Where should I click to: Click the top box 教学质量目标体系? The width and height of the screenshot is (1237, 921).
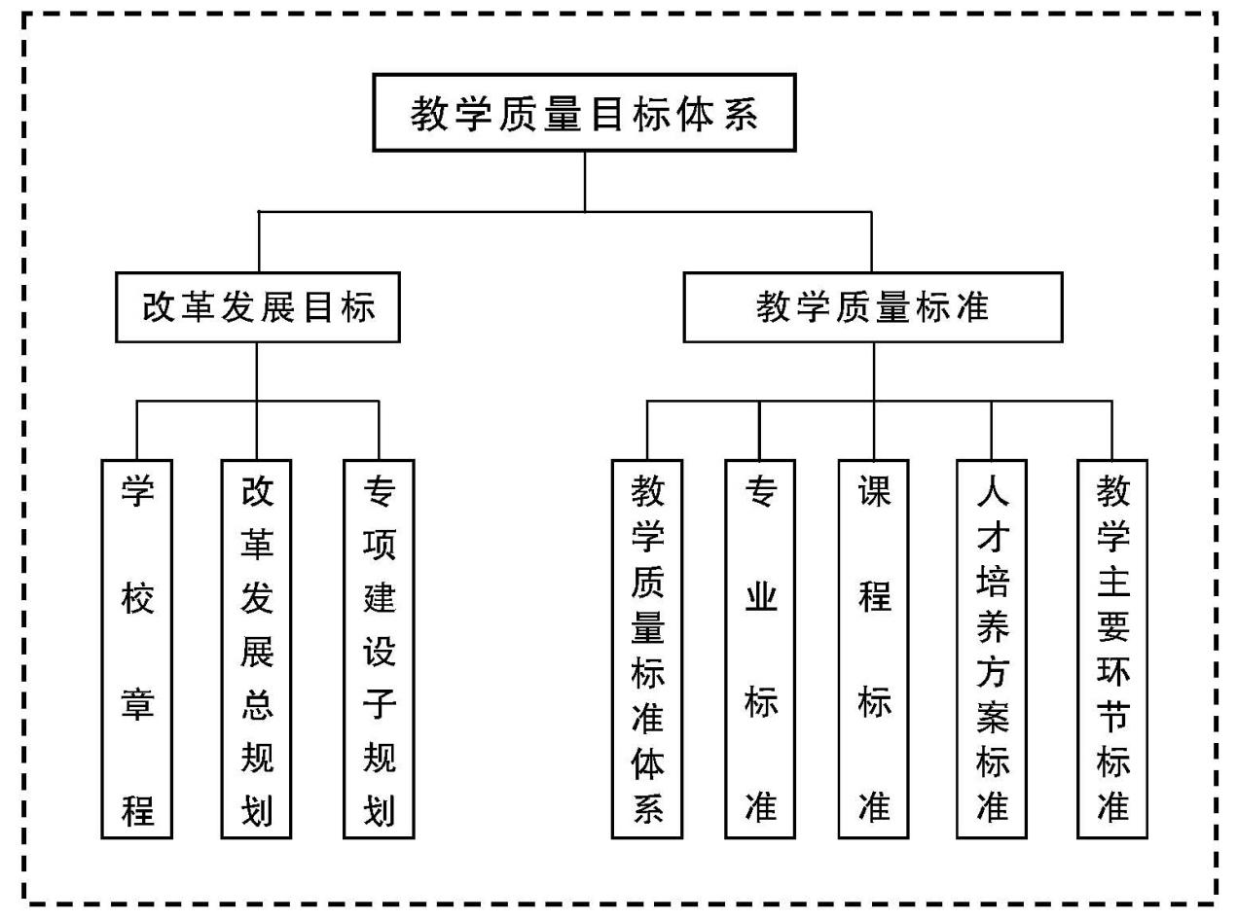[x=584, y=113]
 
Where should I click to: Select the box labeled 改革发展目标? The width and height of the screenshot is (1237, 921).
[x=258, y=307]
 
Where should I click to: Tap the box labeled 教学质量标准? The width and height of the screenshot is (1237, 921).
[x=872, y=307]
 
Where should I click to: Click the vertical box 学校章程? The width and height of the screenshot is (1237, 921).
[x=137, y=649]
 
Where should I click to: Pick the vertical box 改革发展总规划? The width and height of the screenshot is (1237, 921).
[x=257, y=649]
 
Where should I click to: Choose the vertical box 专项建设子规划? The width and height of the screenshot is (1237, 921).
[x=379, y=649]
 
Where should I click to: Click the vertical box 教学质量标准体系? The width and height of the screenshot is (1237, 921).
[x=647, y=649]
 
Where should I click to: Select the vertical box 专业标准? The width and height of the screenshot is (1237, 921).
[x=760, y=649]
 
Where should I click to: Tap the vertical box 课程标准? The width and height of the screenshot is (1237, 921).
[x=874, y=649]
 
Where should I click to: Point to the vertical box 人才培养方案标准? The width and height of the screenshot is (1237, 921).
[x=992, y=649]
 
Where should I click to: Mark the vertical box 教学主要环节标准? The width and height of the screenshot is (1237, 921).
[x=1112, y=649]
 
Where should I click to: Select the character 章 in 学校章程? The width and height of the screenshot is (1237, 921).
[x=137, y=703]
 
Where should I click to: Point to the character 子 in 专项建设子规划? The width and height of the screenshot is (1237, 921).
[x=379, y=703]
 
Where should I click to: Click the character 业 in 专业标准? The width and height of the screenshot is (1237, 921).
[x=760, y=597]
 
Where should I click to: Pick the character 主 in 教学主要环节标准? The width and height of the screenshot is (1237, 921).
[x=1112, y=582]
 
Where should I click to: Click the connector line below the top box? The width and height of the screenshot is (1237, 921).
[x=585, y=181]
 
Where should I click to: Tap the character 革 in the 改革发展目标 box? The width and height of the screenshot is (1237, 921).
[x=198, y=307]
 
